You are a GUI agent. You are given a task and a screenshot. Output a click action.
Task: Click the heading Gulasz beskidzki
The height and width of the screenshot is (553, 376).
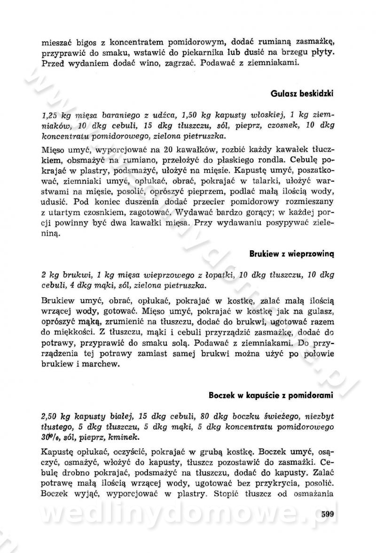[x=302, y=93]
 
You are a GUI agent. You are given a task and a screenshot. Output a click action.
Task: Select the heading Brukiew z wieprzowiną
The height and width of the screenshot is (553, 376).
[x=291, y=254]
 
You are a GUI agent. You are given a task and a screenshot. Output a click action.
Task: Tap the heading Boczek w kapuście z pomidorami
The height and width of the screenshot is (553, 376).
[x=271, y=395]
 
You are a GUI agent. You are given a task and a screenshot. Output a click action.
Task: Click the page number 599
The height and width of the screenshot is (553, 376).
[x=324, y=514]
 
